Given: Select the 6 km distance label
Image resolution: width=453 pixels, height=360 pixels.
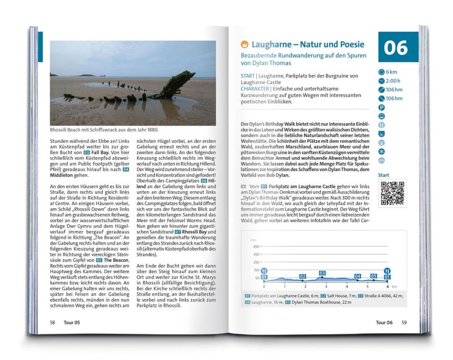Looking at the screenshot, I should tap(391, 72).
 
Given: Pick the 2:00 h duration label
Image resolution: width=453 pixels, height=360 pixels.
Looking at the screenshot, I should tap(394, 81).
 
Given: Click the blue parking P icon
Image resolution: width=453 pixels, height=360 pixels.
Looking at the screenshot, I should tap(381, 107).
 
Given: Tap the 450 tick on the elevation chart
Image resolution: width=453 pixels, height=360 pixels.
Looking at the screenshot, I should tap(256, 247).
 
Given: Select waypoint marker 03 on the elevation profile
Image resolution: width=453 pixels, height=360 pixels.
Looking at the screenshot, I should tap(322, 273).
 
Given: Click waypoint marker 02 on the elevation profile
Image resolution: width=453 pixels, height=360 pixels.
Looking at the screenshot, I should tap(303, 276).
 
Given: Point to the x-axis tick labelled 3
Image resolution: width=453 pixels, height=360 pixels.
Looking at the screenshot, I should tap(325, 286).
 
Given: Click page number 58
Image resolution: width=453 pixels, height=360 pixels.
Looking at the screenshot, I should tap(52, 322).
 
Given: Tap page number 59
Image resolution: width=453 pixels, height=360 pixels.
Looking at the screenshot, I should tap(404, 322).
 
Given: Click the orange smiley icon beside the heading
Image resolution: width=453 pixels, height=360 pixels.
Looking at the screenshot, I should tap(244, 44).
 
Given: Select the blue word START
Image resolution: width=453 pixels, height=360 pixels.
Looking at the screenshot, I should tap(248, 76).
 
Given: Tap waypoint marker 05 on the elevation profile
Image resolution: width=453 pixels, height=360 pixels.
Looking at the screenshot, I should tap(374, 276).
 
